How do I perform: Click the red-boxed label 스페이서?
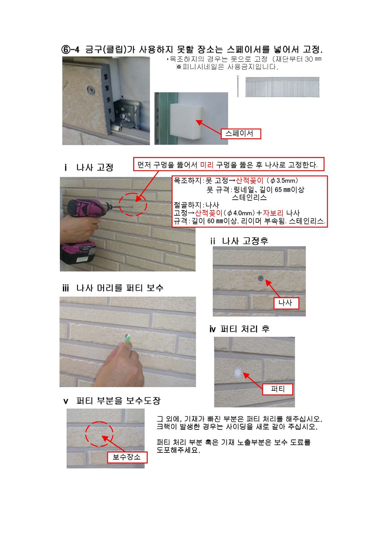tap(241, 133)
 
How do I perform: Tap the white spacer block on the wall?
tap(186, 121)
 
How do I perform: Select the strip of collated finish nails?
tap(282, 87)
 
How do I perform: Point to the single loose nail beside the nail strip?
tap(238, 86)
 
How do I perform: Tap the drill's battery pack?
tap(78, 254)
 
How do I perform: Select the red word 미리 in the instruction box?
tap(206, 165)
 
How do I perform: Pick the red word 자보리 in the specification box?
tap(273, 213)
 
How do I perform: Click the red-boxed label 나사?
tap(286, 303)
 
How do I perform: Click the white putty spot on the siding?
tap(238, 372)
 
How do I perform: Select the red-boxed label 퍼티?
tap(278, 389)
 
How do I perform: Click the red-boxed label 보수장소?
tap(127, 457)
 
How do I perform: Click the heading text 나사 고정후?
tap(245, 241)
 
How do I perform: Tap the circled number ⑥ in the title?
tap(65, 49)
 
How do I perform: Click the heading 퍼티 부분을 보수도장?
tap(118, 400)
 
